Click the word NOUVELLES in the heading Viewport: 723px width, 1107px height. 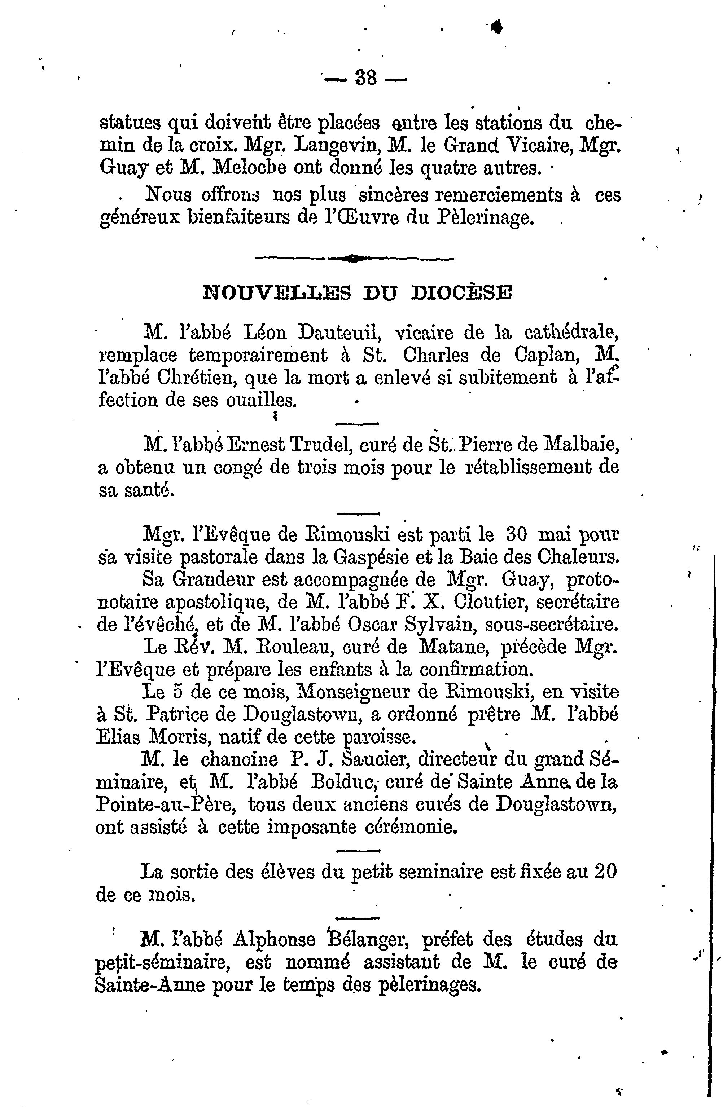277,294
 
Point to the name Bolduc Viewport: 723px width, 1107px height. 344,782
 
